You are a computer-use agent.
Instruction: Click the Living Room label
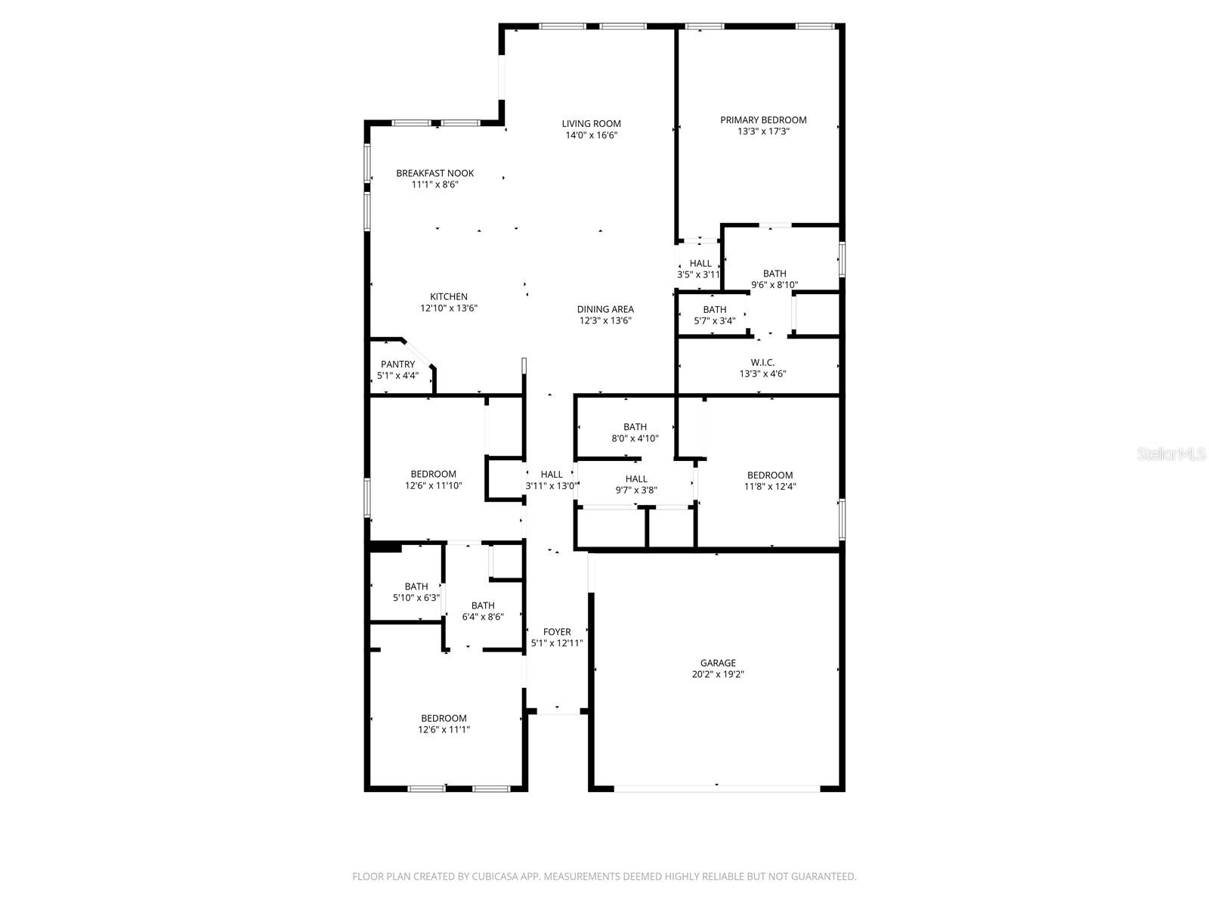tap(591, 124)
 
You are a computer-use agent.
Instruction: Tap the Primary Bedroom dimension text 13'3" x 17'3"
tap(763, 132)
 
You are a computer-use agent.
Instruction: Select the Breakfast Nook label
tap(435, 173)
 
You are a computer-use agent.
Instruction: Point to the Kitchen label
tap(449, 297)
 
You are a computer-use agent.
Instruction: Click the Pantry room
tap(397, 370)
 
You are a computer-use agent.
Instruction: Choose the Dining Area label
tap(605, 309)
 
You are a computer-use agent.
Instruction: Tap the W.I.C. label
tap(762, 363)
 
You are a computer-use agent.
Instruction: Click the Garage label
tap(718, 663)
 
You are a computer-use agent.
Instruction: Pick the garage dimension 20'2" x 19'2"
tap(718, 675)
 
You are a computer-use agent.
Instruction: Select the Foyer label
tap(557, 632)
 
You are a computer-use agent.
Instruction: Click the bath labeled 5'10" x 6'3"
tap(416, 592)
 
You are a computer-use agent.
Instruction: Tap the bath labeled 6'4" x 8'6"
tap(483, 611)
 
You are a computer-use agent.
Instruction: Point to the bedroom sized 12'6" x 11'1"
tap(444, 724)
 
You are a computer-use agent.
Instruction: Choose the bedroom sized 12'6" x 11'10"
tap(434, 480)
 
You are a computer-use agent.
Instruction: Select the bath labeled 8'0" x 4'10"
tap(635, 432)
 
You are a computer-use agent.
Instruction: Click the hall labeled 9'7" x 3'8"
tap(636, 484)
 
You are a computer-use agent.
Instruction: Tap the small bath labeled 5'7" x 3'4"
tap(715, 314)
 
